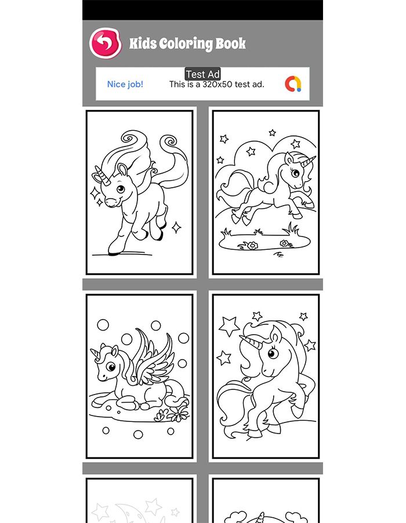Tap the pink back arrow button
tap(105, 43)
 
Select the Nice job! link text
tap(125, 84)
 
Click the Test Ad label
tap(202, 74)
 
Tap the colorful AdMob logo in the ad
tap(293, 84)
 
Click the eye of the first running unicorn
tap(121, 189)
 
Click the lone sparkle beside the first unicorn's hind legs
tap(176, 227)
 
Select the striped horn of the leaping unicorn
tap(308, 162)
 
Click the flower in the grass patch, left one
tap(252, 246)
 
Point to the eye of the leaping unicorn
tap(295, 173)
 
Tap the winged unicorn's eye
tap(110, 367)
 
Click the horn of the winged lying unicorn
tap(95, 354)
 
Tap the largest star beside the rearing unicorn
tap(229, 326)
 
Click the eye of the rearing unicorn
tap(273, 353)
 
